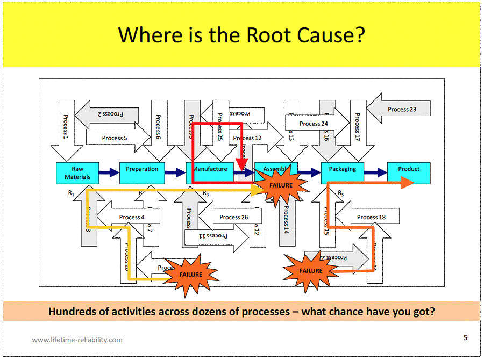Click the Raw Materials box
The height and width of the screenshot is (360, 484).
click(x=77, y=172)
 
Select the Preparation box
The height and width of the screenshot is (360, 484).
click(x=142, y=169)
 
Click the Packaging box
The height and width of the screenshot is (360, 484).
click(x=342, y=169)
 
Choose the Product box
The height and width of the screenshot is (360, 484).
click(x=409, y=169)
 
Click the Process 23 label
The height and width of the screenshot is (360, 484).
click(x=402, y=110)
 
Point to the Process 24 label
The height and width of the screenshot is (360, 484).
click(x=314, y=124)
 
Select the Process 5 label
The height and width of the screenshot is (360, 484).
click(x=115, y=138)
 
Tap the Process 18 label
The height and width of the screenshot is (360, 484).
click(x=371, y=217)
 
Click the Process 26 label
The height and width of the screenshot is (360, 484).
click(x=234, y=217)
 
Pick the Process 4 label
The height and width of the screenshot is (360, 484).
click(x=132, y=217)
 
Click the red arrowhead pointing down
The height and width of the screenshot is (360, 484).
click(x=242, y=164)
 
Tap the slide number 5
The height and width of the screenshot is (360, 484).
click(x=465, y=337)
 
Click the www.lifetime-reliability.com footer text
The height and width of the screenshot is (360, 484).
click(x=77, y=340)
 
